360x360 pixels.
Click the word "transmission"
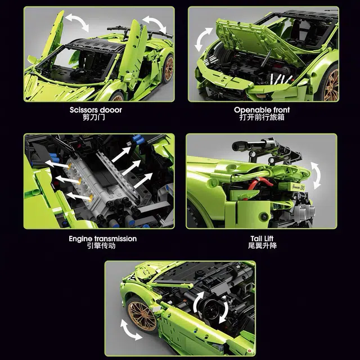[115, 238]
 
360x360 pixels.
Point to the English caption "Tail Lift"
[262, 238]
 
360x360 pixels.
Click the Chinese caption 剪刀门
[94, 118]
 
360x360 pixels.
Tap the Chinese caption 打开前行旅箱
[262, 118]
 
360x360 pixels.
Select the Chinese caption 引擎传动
[101, 246]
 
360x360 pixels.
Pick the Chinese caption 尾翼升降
[262, 246]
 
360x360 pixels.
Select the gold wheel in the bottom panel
[142, 316]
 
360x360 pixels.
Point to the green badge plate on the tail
[298, 187]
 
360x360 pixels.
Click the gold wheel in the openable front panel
[331, 84]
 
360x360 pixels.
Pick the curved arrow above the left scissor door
[78, 22]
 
